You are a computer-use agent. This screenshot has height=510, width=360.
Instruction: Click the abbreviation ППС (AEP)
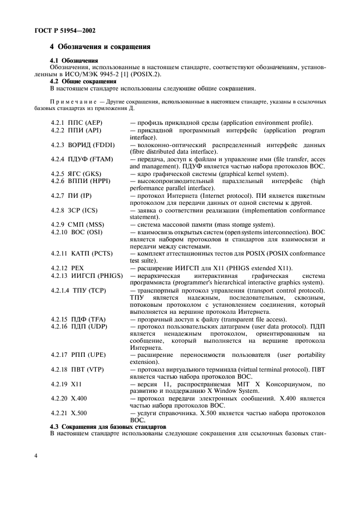click(x=84, y=123)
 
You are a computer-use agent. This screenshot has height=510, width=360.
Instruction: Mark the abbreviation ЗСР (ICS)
click(x=84, y=210)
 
